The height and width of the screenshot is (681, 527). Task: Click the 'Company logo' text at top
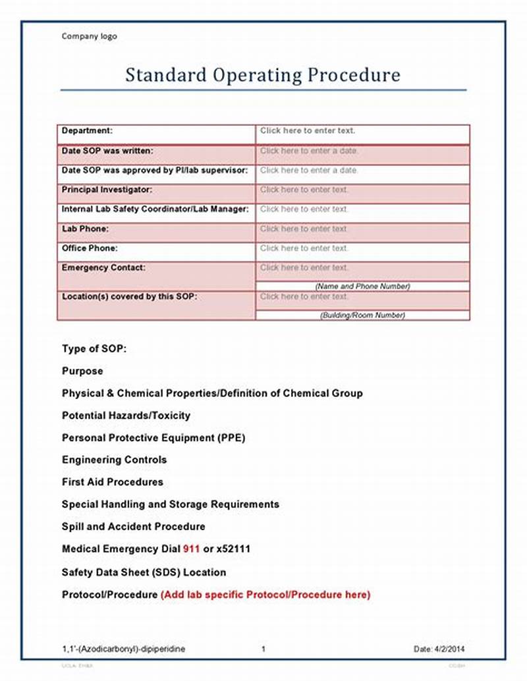coord(89,36)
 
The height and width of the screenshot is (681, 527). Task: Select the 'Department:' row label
coord(87,130)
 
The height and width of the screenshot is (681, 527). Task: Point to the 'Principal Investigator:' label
coord(107,190)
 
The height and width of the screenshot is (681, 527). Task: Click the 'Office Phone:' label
coord(90,248)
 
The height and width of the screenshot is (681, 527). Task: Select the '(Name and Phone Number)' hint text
coord(362,286)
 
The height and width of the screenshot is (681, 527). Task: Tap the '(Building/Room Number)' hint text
coord(362,315)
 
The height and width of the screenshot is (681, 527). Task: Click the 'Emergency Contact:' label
coord(103,268)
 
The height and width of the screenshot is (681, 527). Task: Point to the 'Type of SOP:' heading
coord(94,349)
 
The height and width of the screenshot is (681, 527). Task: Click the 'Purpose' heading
coord(82,371)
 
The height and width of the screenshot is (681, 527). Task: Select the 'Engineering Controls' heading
coord(114,460)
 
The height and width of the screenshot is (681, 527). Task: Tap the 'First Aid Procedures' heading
coord(112,482)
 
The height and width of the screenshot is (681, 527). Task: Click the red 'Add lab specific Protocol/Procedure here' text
coord(265,595)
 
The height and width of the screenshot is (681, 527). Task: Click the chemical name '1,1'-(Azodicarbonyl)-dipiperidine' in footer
coord(123,649)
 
